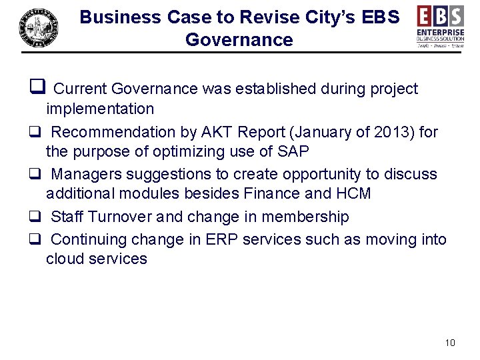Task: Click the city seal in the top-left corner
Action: [x=38, y=28]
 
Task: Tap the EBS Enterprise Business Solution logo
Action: [x=440, y=26]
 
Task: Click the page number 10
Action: [x=449, y=343]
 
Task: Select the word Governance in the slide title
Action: [x=239, y=40]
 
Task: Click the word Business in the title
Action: [x=118, y=17]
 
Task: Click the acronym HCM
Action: [x=357, y=194]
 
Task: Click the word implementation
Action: [x=100, y=109]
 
